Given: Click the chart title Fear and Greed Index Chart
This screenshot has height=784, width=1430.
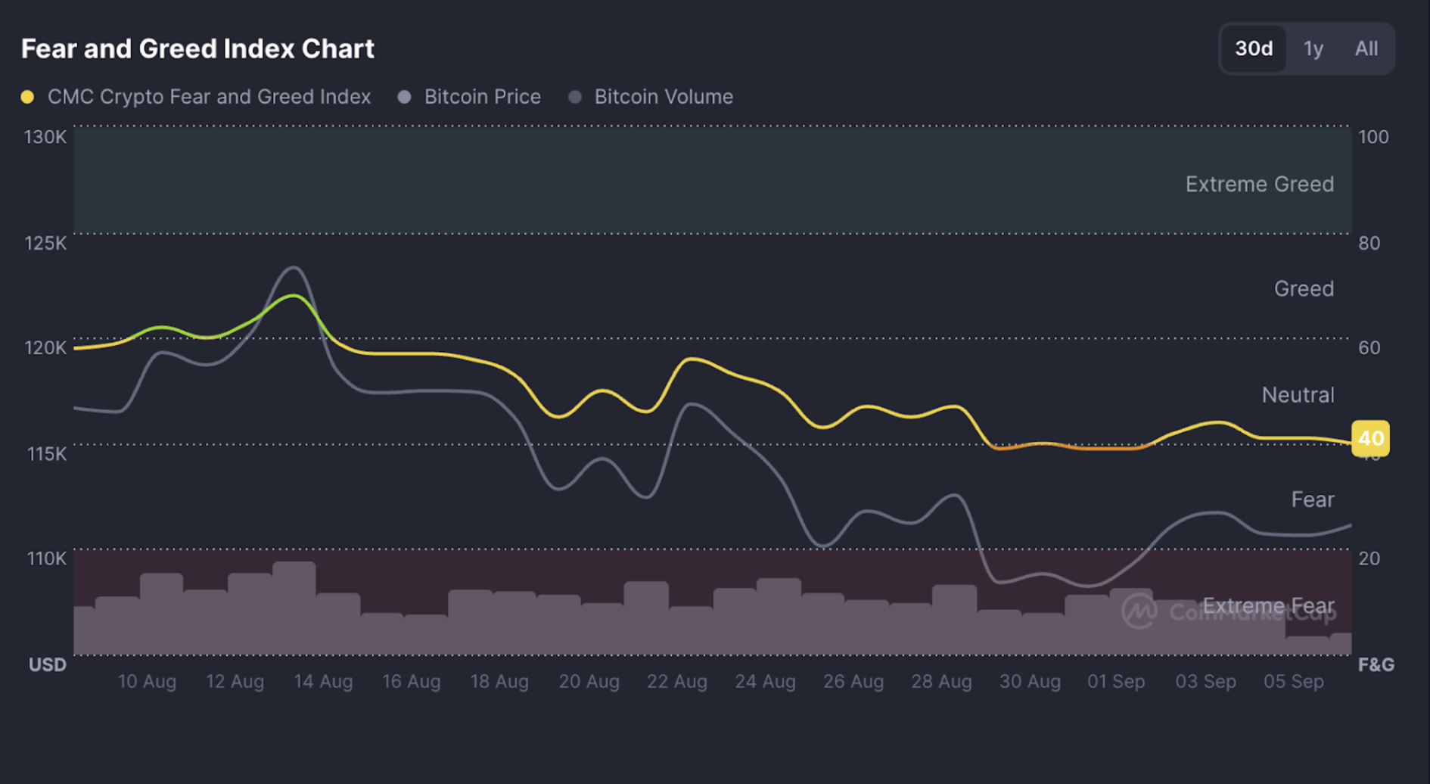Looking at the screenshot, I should (x=197, y=49).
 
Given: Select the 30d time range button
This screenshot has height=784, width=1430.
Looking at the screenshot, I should (x=1254, y=49).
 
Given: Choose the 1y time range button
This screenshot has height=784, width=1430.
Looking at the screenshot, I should (x=1313, y=49).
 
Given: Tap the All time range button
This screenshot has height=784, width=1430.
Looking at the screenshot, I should (x=1366, y=49).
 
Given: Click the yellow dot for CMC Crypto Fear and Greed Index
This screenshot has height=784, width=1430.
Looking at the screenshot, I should (x=28, y=97).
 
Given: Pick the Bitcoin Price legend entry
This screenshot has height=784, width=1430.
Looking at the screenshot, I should (x=482, y=97).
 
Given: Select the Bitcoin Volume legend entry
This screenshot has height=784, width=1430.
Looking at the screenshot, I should (x=663, y=97).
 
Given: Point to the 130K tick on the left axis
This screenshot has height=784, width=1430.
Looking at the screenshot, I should (x=45, y=137).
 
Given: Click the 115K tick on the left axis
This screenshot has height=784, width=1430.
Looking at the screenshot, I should (x=47, y=454).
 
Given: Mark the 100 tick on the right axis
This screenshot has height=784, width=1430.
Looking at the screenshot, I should (x=1373, y=137).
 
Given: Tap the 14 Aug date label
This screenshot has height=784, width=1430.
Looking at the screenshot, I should (x=323, y=682).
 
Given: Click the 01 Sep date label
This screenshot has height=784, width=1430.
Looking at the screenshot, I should (x=1116, y=682).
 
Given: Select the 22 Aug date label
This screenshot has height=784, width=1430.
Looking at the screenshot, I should (x=676, y=682).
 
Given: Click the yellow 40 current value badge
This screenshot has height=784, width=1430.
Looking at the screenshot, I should (x=1370, y=439).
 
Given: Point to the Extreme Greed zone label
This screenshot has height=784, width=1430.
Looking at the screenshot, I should (x=1259, y=185).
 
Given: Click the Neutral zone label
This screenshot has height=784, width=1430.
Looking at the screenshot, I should (x=1298, y=395).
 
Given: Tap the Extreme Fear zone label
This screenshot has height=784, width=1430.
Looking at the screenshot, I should (x=1268, y=606).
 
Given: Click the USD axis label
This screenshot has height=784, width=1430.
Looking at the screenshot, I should (x=47, y=665).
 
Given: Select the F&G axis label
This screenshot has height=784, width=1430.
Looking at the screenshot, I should (x=1376, y=665).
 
